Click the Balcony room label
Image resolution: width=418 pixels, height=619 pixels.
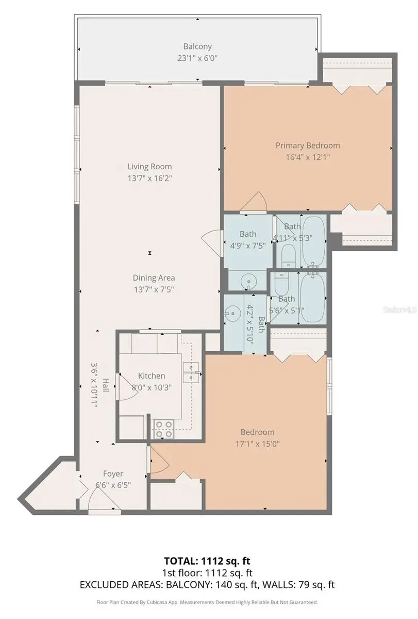click(197, 46)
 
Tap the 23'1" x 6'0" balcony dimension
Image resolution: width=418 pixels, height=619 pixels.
click(197, 58)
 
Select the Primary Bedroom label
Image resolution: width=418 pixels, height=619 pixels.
click(308, 145)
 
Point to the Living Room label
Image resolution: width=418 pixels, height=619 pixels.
click(149, 166)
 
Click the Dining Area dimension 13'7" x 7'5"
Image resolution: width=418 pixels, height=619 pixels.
click(154, 289)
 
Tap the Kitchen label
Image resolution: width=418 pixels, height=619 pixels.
click(152, 376)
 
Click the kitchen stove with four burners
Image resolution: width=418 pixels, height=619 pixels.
click(164, 429)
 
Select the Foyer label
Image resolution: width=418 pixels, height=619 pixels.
click(113, 474)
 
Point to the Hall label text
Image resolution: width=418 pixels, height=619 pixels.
click(106, 385)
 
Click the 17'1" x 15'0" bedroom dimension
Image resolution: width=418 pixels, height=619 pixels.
click(257, 444)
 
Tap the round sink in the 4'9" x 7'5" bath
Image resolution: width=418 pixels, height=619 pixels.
click(248, 282)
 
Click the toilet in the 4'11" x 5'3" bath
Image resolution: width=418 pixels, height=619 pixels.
click(289, 256)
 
